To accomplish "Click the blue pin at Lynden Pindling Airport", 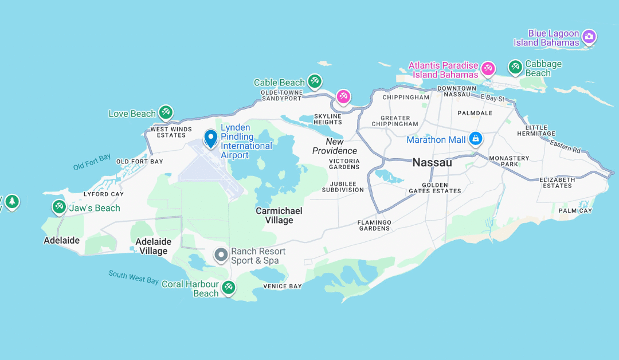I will (x=210, y=138).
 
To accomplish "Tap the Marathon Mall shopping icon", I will (x=475, y=139).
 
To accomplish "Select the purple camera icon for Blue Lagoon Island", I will (x=589, y=38).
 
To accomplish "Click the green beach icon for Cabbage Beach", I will (x=515, y=68).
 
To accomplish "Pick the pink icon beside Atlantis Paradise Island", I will (x=488, y=69).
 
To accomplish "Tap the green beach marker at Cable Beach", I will (x=314, y=81).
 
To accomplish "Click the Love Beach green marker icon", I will (x=166, y=112).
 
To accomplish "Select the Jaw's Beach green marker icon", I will (x=59, y=207).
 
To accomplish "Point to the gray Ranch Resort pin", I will (x=221, y=255).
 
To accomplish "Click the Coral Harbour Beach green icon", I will (x=229, y=287).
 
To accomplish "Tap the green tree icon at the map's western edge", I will (x=11, y=202).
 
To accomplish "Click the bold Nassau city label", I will (x=432, y=163).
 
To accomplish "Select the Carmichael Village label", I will (x=279, y=216).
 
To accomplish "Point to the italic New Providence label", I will (x=335, y=146).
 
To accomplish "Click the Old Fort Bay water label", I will (x=92, y=162).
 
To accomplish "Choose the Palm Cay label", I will (x=575, y=211).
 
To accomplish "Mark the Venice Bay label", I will (x=282, y=286).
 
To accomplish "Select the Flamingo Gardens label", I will (x=374, y=225).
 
